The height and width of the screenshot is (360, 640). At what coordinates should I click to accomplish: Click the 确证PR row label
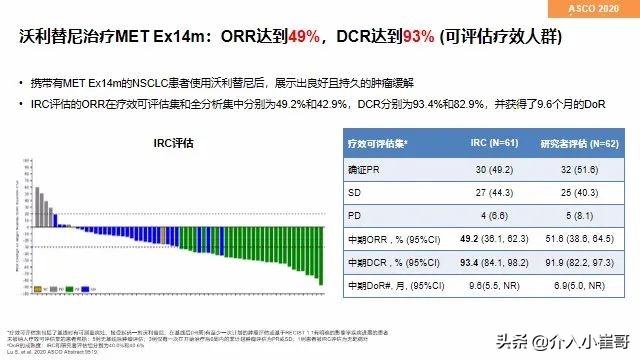(x=367, y=168)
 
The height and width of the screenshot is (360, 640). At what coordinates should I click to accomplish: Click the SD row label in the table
(x=354, y=190)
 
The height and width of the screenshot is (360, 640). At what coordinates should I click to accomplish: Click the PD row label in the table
(x=354, y=212)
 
